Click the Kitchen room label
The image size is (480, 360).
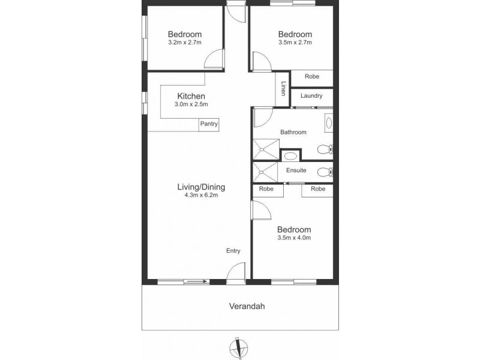(191, 96)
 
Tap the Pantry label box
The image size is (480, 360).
(209, 124)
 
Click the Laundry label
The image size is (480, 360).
(312, 95)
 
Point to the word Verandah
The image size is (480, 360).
(247, 306)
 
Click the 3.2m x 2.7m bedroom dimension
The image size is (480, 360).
(184, 43)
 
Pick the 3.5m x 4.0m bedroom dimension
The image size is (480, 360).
(294, 238)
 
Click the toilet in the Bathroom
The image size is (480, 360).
(325, 149)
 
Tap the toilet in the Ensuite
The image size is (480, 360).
(325, 172)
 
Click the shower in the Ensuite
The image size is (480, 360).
(265, 172)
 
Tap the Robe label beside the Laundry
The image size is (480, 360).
(311, 76)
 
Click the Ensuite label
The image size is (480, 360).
(296, 170)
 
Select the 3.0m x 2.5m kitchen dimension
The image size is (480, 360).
(191, 105)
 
